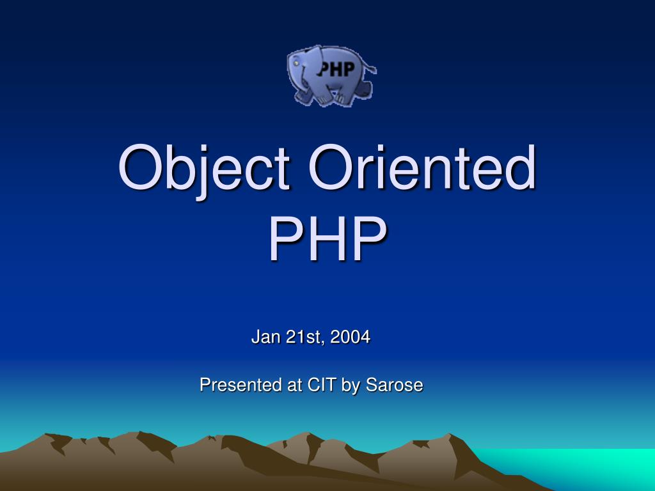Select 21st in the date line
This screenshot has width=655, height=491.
(305, 337)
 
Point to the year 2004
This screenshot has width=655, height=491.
(351, 337)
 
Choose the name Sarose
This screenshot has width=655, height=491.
(395, 386)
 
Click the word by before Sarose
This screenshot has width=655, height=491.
(351, 387)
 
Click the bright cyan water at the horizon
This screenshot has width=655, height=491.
(588, 464)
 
